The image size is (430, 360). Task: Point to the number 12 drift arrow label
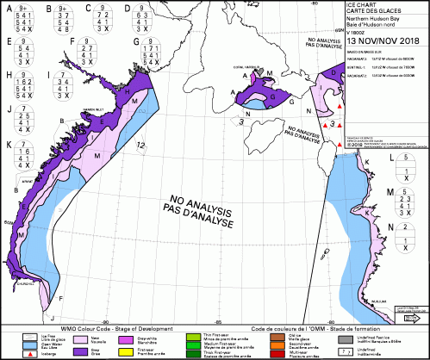pos(139,147)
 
